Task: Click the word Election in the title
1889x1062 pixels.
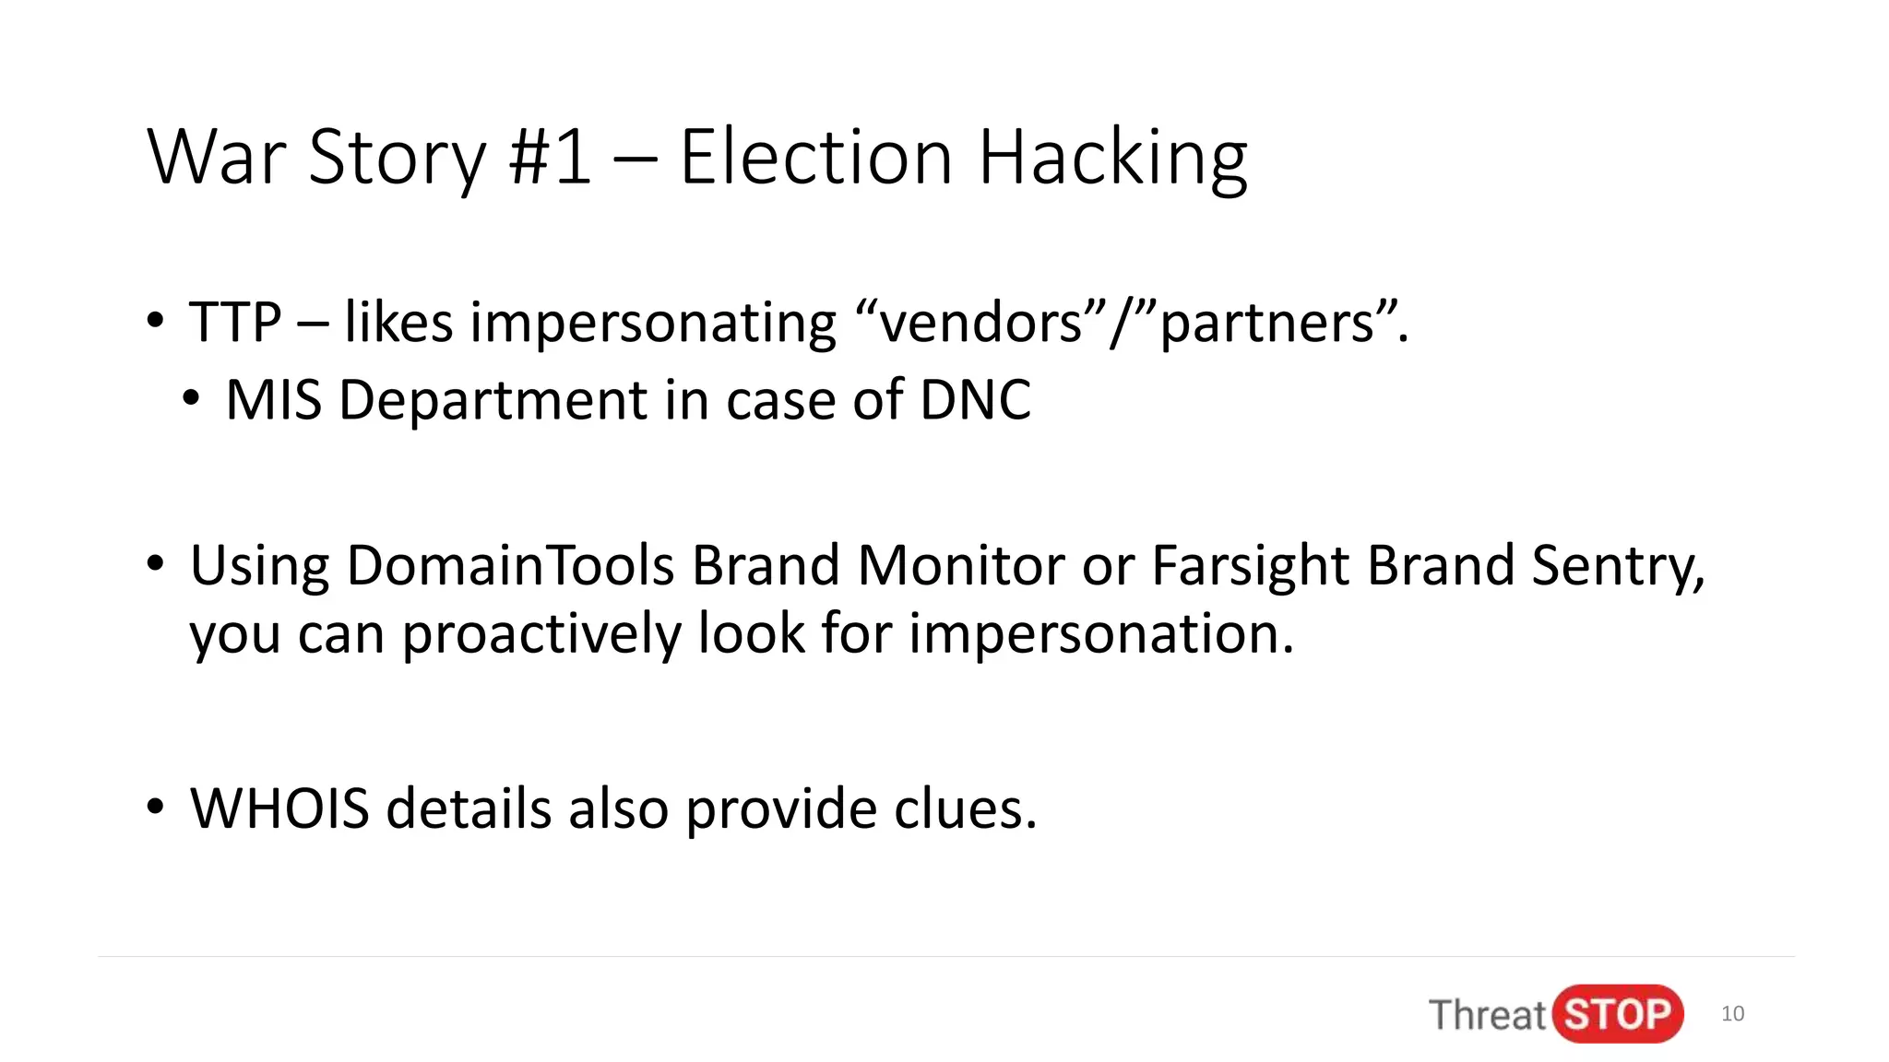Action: tap(815, 158)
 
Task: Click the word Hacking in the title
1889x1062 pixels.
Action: tap(1111, 159)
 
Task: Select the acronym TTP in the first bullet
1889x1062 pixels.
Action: tap(234, 323)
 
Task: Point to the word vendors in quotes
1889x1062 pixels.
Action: tap(980, 323)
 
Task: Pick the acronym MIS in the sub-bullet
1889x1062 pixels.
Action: tap(273, 400)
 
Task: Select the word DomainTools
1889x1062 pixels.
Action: tap(510, 565)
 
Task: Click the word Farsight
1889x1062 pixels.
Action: tap(1250, 567)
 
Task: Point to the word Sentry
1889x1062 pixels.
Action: tap(1618, 567)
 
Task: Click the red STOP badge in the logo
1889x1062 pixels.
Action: tap(1618, 1014)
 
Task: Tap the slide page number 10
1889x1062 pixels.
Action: tap(1732, 1014)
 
